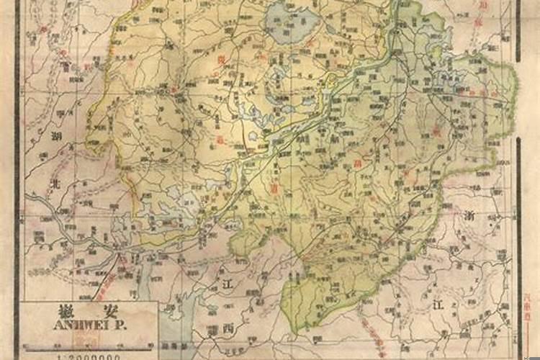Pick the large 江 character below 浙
click(x=438, y=305)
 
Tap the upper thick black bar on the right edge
click(x=518, y=29)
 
